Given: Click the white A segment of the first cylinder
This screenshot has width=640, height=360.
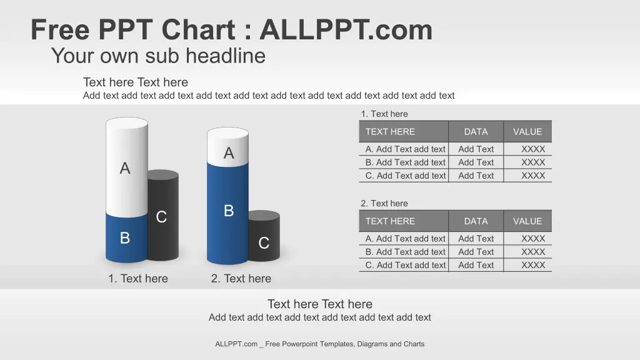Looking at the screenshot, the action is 126,167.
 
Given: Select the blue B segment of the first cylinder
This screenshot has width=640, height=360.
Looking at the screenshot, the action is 126,238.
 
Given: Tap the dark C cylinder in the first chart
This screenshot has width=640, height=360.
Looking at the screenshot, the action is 163,216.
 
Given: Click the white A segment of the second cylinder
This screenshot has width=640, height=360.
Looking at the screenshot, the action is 227,147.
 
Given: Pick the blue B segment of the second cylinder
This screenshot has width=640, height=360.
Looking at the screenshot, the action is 227,213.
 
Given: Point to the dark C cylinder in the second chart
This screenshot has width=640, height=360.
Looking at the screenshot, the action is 264,237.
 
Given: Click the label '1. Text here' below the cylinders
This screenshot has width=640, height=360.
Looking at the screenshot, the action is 138,278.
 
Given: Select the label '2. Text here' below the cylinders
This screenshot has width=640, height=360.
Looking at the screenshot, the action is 241,278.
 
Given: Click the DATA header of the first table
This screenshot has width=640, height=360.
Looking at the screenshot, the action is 476,131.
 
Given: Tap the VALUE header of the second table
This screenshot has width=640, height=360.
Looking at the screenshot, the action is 527,221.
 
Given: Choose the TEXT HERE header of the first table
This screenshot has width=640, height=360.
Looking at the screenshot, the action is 390,131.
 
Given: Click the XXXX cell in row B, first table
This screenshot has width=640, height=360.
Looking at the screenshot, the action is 533,162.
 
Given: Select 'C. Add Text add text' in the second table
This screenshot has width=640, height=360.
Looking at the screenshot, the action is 406,265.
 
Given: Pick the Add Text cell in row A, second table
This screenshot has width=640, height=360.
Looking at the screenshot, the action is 476,238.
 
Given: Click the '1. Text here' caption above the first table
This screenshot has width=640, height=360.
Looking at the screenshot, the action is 384,114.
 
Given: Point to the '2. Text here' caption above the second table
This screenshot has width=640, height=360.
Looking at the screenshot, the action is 384,203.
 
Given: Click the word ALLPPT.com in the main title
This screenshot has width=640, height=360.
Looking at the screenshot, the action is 346,30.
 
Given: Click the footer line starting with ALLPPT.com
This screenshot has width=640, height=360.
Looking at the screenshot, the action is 319,344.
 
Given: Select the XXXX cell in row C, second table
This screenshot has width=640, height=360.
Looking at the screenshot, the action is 533,265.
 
